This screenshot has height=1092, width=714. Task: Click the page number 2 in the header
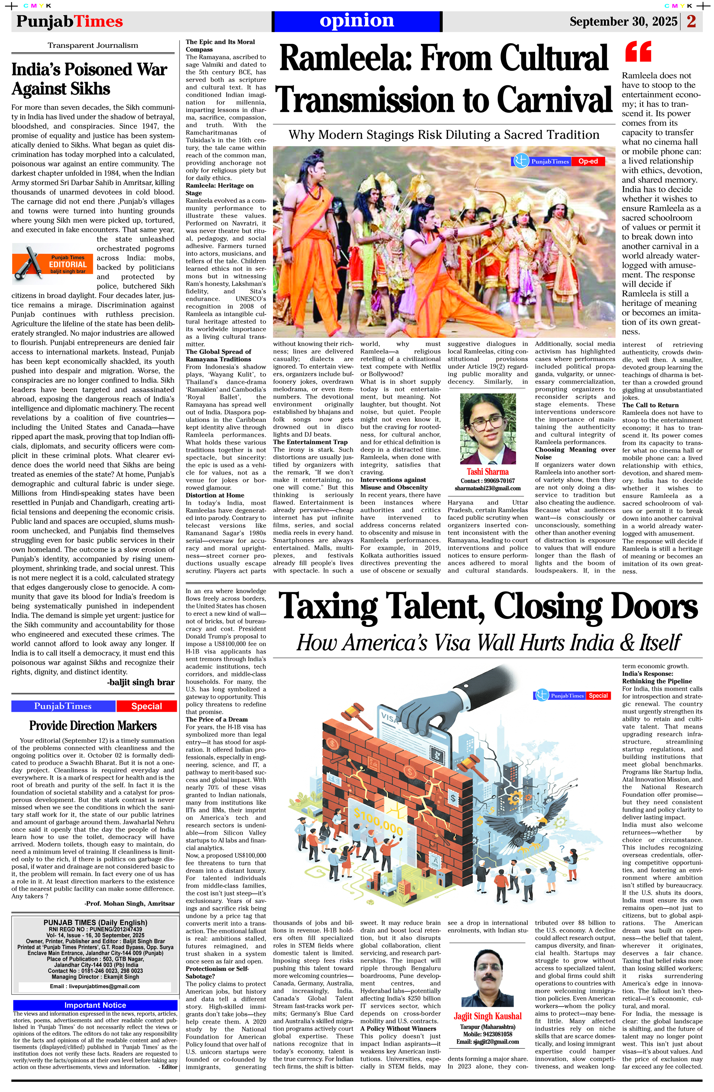pos(691,21)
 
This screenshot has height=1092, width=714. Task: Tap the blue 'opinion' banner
pos(357,21)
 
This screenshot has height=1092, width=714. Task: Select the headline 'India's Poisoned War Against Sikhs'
pos(90,79)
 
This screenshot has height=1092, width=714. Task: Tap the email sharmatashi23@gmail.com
pos(487,488)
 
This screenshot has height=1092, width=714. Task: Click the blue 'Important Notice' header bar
pos(95,1005)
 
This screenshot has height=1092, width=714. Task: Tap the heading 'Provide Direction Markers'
pos(93,725)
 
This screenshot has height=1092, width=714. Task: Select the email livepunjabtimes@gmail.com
pos(95,986)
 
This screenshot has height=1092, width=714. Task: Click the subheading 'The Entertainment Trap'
pos(310,442)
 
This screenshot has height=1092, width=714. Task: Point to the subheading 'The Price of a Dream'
pos(217,719)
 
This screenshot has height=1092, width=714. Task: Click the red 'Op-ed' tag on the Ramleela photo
pos(588,161)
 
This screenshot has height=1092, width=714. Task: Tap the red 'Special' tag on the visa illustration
pos(598,696)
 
